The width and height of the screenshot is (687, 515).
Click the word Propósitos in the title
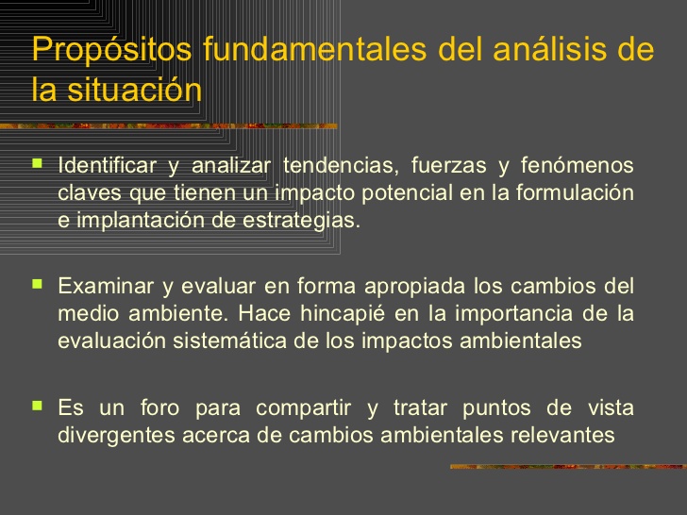(111, 50)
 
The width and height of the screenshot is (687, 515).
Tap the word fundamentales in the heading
(315, 49)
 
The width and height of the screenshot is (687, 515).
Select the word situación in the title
(135, 89)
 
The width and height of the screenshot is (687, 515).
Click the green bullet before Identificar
(37, 164)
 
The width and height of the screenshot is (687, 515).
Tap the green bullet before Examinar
(37, 285)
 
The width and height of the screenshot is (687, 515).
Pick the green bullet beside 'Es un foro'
(37, 406)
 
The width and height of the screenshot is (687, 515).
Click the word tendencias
(341, 165)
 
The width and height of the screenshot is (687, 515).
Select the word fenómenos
(577, 165)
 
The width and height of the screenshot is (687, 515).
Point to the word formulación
(575, 192)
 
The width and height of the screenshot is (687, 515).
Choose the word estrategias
(301, 221)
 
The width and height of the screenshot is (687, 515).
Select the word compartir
(303, 408)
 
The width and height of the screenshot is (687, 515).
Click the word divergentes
(117, 436)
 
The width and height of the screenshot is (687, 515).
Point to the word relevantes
(562, 435)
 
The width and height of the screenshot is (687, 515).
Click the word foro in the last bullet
(159, 407)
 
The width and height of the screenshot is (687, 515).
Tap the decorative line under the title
(169, 126)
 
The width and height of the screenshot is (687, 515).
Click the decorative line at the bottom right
(569, 466)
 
